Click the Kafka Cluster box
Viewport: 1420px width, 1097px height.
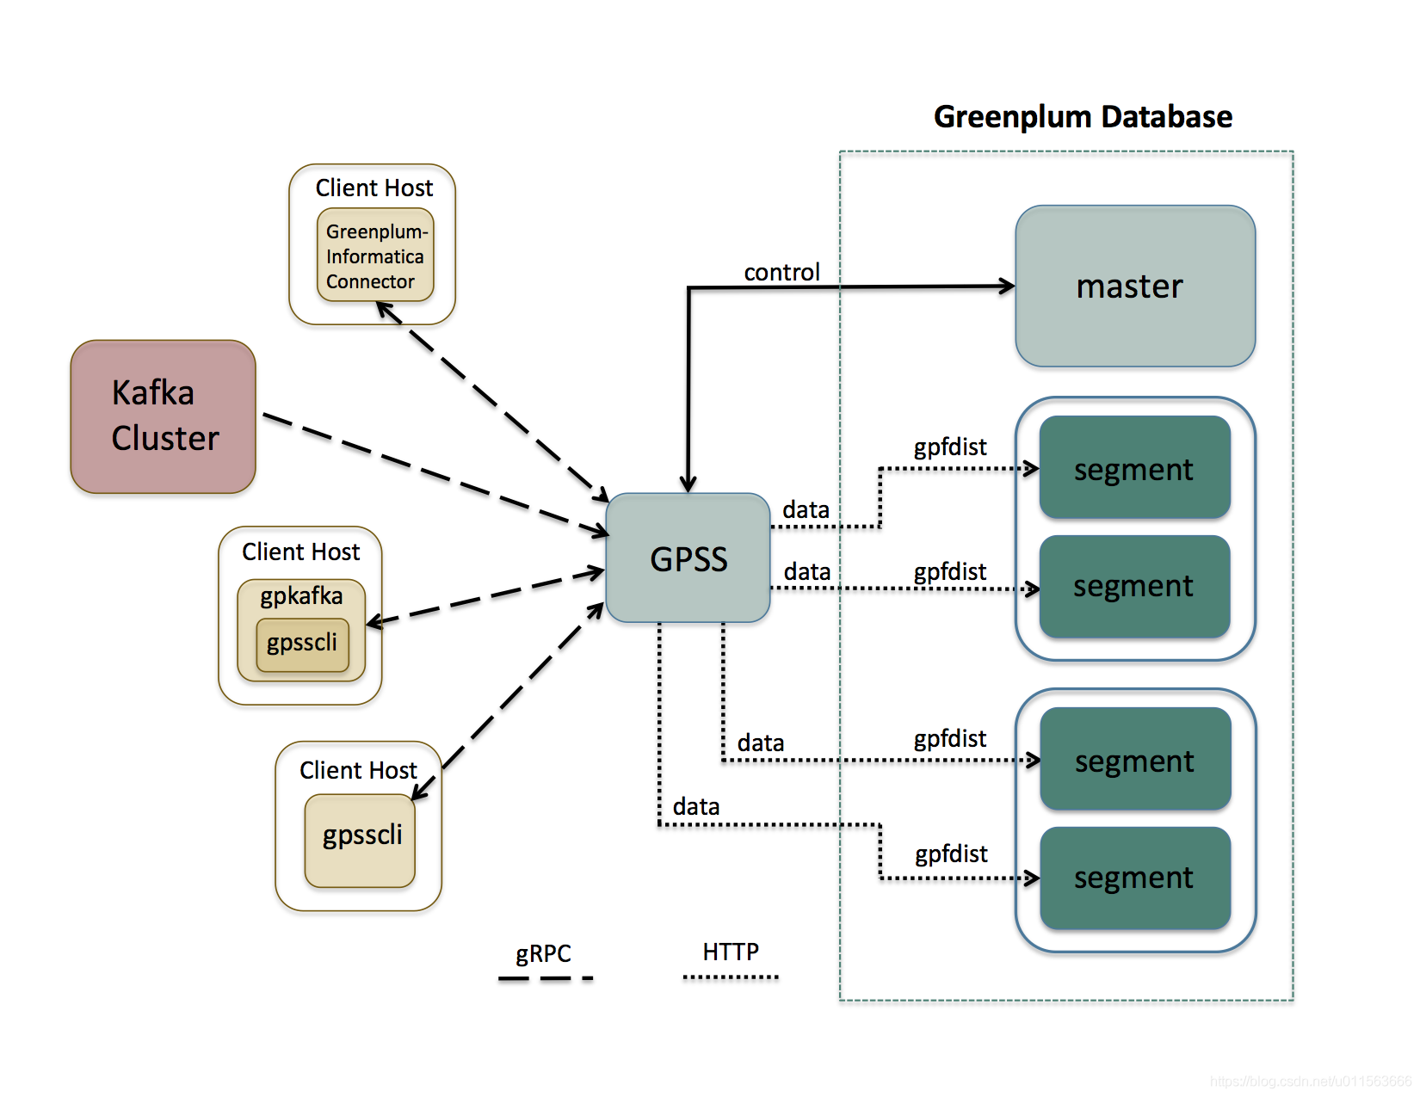[164, 416]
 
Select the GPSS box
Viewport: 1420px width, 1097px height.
[688, 558]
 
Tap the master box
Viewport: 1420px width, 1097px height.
[1134, 286]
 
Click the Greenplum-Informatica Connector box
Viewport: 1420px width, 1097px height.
[375, 256]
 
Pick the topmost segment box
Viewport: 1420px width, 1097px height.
[1134, 468]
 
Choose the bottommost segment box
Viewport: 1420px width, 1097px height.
[1134, 878]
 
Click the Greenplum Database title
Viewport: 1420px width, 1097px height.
[1083, 116]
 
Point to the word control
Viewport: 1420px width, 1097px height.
[781, 272]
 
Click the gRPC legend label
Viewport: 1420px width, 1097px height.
[543, 953]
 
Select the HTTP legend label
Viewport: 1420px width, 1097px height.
[731, 952]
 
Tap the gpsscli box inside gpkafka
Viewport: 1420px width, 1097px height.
[302, 644]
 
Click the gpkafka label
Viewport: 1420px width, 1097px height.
[301, 595]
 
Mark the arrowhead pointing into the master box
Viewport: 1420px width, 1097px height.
[1007, 286]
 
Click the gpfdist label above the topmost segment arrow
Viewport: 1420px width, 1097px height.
[950, 447]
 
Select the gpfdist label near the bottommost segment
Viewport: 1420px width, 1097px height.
[951, 854]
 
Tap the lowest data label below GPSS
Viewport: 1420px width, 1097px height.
[696, 806]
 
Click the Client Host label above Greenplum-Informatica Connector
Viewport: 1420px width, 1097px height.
[374, 188]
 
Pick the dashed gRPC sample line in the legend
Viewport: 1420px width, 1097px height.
[546, 978]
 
